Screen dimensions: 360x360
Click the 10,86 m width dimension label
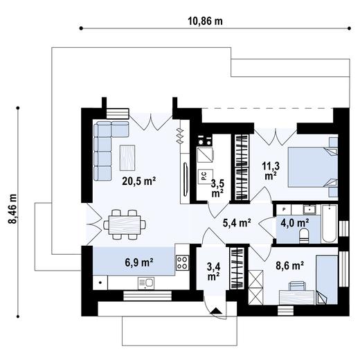pyautogui.click(x=206, y=20)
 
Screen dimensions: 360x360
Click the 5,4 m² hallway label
pyautogui.click(x=236, y=223)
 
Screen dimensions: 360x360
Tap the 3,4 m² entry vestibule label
pyautogui.click(x=213, y=269)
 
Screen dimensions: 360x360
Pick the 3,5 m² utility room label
pyautogui.click(x=217, y=188)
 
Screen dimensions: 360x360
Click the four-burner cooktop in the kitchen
pyautogui.click(x=183, y=262)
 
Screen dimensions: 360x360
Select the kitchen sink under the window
pyautogui.click(x=145, y=282)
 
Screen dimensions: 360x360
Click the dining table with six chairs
pyautogui.click(x=125, y=223)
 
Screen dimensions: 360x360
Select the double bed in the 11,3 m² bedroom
pyautogui.click(x=310, y=167)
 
